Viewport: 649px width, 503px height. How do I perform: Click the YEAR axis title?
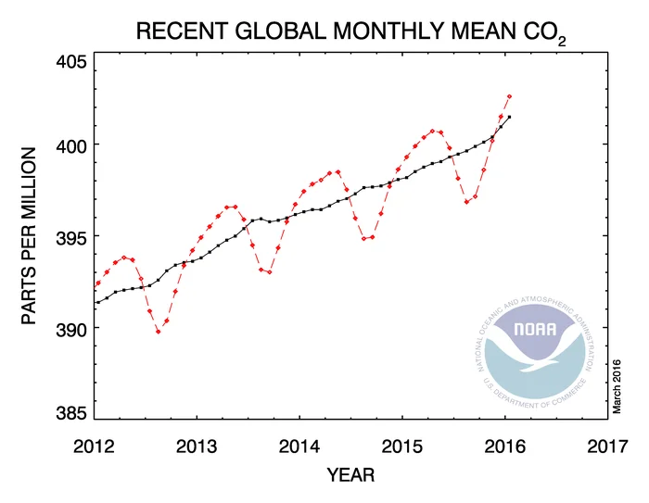pyautogui.click(x=351, y=476)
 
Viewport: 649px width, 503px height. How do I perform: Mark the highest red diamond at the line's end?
pyautogui.click(x=509, y=95)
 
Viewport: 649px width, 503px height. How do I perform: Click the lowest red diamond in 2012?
pyautogui.click(x=159, y=331)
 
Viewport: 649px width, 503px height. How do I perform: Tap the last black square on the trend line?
pyautogui.click(x=509, y=117)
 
